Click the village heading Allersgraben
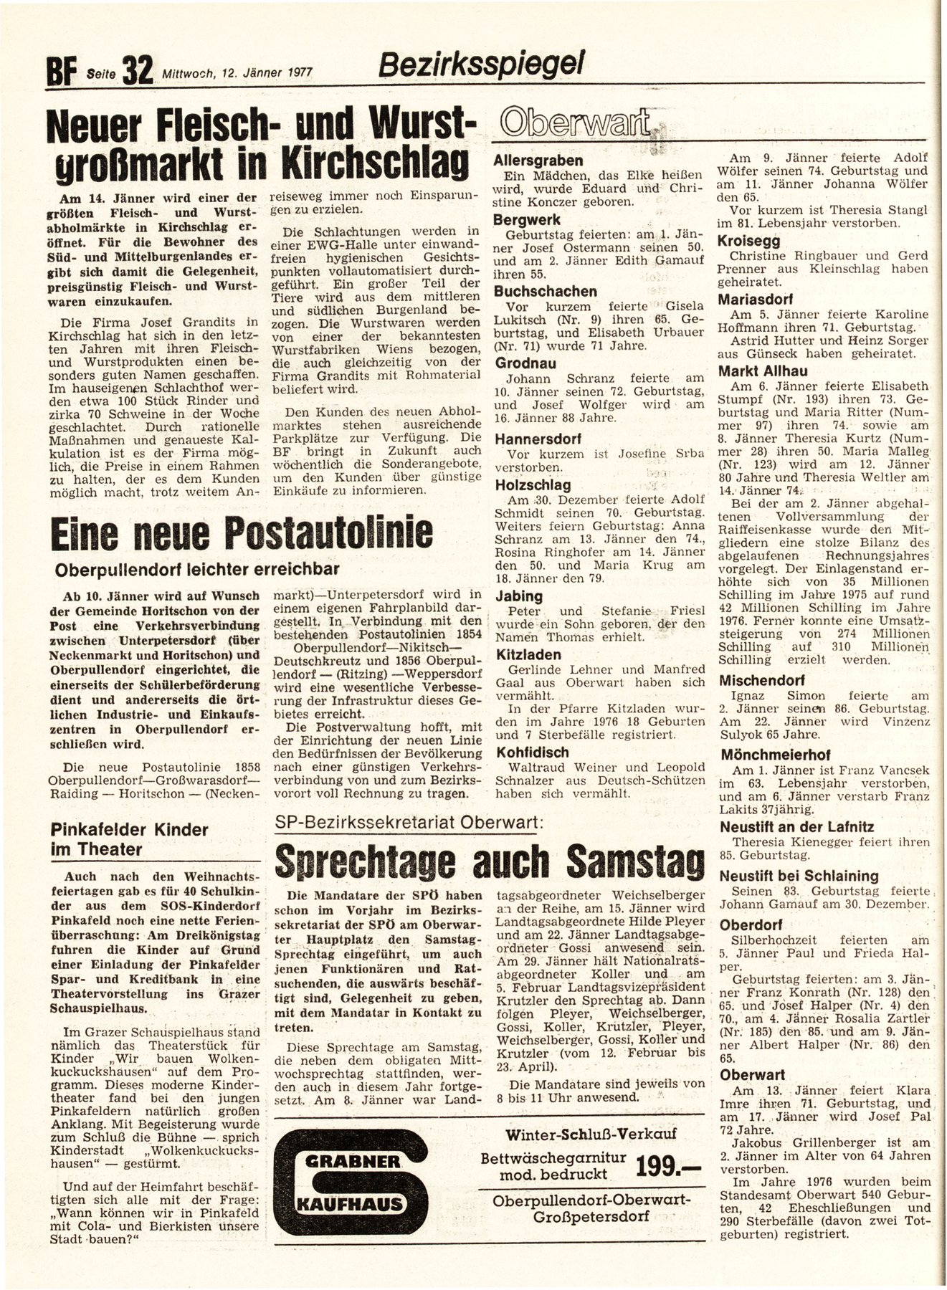click(538, 161)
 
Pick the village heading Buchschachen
click(546, 291)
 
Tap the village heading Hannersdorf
click(538, 438)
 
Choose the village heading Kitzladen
click(528, 654)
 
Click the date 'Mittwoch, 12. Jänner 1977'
click(239, 72)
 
